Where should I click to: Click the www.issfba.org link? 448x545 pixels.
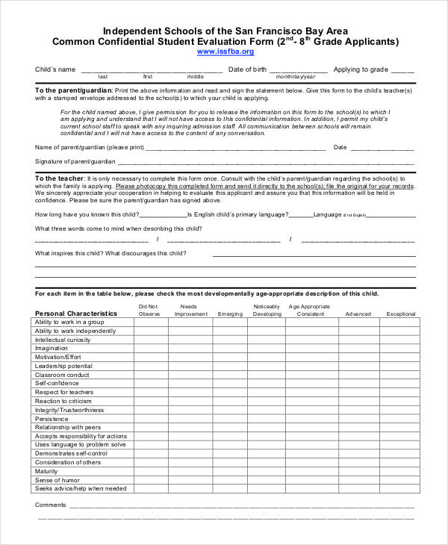pyautogui.click(x=225, y=52)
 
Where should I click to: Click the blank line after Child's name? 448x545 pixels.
pyautogui.click(x=151, y=70)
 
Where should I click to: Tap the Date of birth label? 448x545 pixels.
pyautogui.click(x=247, y=69)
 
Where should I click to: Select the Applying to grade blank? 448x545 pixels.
pyautogui.click(x=402, y=70)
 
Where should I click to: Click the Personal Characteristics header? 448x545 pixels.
pyautogui.click(x=76, y=314)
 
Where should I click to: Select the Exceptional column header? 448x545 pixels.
pyautogui.click(x=400, y=314)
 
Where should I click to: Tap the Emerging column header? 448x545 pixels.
pyautogui.click(x=230, y=314)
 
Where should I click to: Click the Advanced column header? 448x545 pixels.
pyautogui.click(x=358, y=314)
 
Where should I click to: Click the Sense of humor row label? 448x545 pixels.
pyautogui.click(x=57, y=480)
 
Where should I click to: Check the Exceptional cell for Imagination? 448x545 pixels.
pyautogui.click(x=400, y=349)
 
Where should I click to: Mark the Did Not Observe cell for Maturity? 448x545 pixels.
pyautogui.click(x=149, y=471)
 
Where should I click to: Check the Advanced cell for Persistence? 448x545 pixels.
pyautogui.click(x=358, y=419)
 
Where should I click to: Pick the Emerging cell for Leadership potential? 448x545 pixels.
pyautogui.click(x=230, y=366)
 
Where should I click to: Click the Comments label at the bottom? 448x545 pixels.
pyautogui.click(x=51, y=505)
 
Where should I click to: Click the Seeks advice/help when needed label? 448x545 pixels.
pyautogui.click(x=81, y=489)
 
